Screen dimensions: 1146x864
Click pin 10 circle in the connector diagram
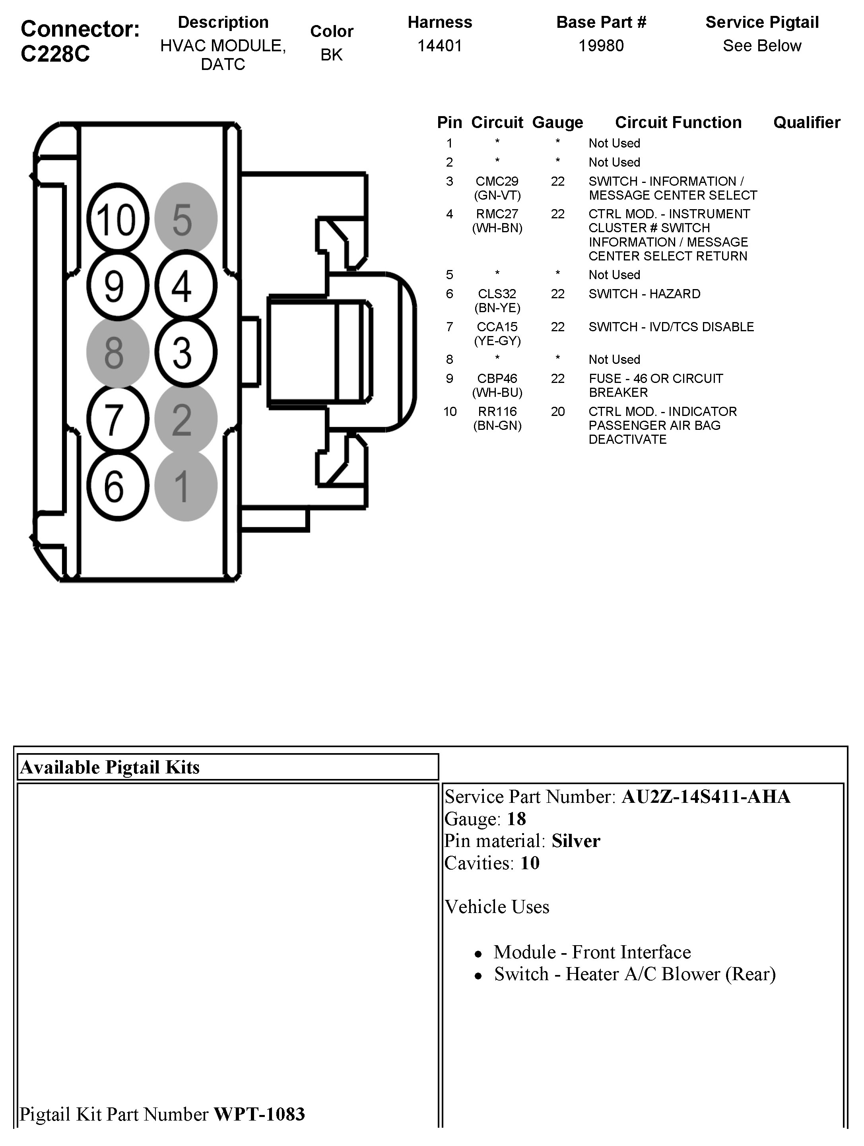[118, 219]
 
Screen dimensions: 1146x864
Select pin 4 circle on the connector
[185, 286]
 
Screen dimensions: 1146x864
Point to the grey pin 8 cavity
[118, 352]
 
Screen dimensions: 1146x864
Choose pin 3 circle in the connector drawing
[185, 352]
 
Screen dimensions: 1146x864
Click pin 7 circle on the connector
[118, 419]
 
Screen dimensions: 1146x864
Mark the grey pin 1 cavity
[185, 486]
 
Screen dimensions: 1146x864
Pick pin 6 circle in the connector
[118, 486]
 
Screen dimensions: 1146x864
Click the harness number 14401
[439, 46]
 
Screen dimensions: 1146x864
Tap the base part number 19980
[601, 46]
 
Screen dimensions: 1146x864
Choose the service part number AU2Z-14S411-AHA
[705, 796]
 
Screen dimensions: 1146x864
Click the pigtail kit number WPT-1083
[259, 1114]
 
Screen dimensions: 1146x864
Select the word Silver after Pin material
[575, 841]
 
